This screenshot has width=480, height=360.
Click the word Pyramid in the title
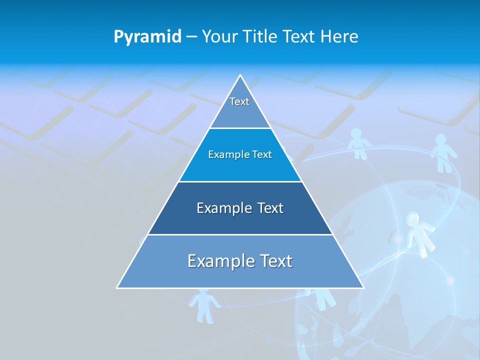147,36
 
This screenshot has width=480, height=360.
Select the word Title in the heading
263,36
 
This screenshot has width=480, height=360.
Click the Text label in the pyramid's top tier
239,101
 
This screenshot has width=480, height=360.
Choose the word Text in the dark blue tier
270,208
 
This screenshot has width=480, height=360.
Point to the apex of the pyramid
240,75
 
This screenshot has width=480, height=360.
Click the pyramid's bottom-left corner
117,287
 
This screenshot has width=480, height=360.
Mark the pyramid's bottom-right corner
363,287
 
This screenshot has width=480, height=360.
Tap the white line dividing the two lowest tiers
240,234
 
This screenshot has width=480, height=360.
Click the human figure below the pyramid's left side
204,304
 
